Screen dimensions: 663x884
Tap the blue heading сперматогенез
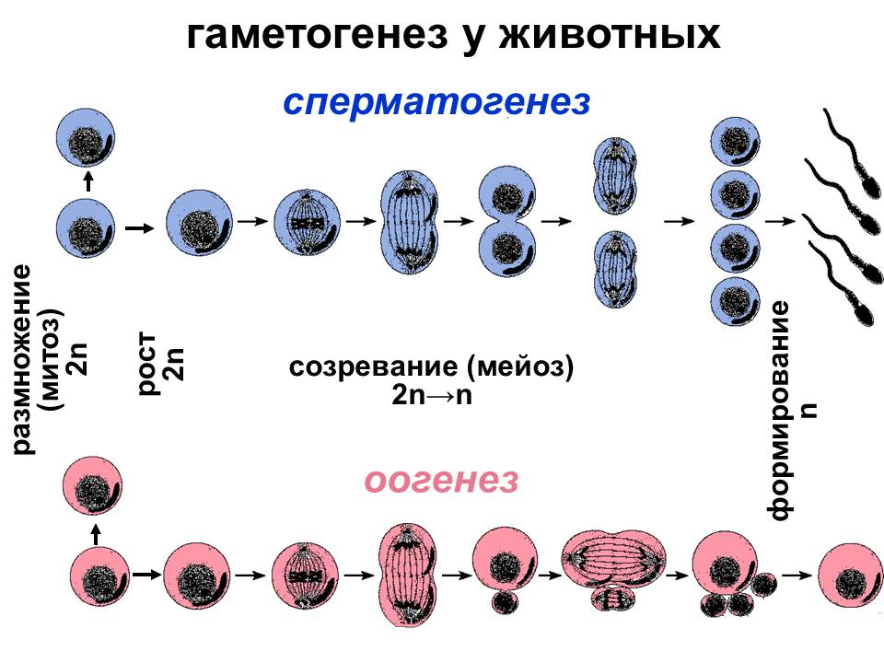pos(436,101)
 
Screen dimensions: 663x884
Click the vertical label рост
pos(148,366)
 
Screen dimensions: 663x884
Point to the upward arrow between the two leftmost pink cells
pos(96,532)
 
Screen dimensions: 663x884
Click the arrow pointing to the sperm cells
pos(781,222)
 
